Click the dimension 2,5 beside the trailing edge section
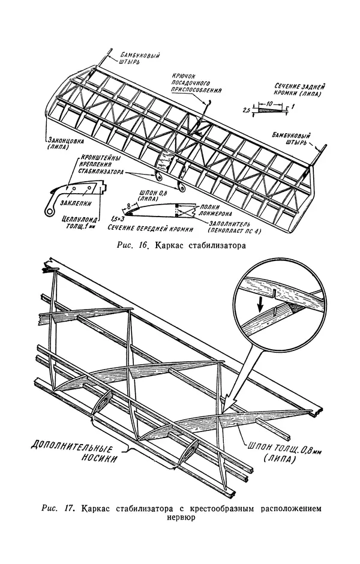pyautogui.click(x=247, y=111)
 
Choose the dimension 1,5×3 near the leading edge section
pyautogui.click(x=117, y=219)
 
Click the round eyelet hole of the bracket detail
pyautogui.click(x=46, y=211)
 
